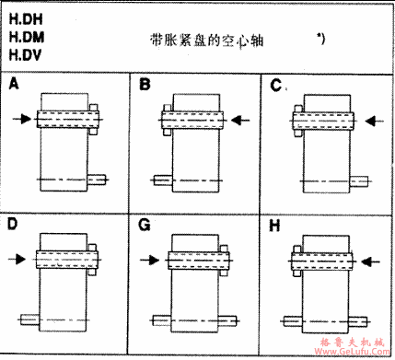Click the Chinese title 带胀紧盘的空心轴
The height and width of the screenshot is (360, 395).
click(x=201, y=41)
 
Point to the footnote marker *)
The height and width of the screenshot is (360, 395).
click(x=319, y=39)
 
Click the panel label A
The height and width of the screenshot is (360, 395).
click(x=14, y=84)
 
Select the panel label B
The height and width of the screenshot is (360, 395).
click(x=145, y=85)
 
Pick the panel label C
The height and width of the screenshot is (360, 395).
click(x=276, y=85)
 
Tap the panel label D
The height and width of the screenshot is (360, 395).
click(x=14, y=224)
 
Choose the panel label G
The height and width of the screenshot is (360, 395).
click(x=145, y=224)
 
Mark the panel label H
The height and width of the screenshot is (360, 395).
click(x=276, y=224)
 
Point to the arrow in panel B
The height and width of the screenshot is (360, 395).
click(x=240, y=119)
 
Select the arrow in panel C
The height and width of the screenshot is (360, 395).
click(x=373, y=119)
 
